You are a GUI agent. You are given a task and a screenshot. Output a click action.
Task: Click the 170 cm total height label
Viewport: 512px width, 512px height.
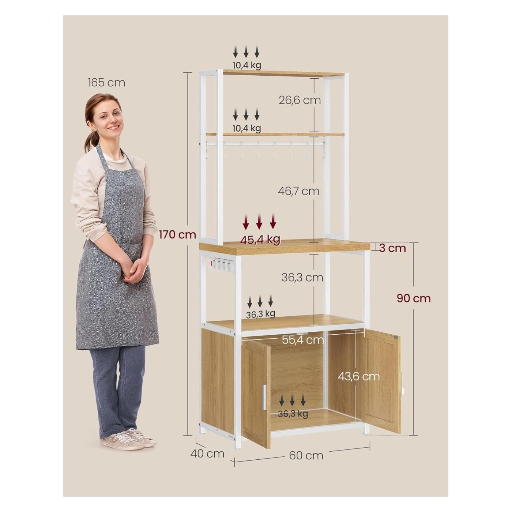pyautogui.click(x=177, y=235)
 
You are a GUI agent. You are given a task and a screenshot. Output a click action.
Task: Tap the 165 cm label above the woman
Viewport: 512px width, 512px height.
pyautogui.click(x=106, y=83)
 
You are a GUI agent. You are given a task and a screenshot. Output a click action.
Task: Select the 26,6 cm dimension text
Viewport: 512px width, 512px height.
pyautogui.click(x=300, y=100)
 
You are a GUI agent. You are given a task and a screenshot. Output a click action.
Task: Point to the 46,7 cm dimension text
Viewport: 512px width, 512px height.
pyautogui.click(x=299, y=191)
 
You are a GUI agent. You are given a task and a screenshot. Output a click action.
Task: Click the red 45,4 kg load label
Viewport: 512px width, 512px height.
pyautogui.click(x=260, y=240)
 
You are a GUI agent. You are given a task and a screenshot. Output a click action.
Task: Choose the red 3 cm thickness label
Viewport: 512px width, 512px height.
pyautogui.click(x=392, y=248)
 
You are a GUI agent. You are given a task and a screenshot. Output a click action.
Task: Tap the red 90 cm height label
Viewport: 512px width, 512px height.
pyautogui.click(x=414, y=298)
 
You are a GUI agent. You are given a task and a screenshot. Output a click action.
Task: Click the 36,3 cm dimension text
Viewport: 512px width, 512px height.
pyautogui.click(x=302, y=278)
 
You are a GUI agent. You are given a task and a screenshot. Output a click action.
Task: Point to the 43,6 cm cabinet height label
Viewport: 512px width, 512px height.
pyautogui.click(x=359, y=376)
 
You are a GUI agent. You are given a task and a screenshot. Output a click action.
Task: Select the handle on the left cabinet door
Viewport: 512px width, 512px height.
pyautogui.click(x=264, y=397)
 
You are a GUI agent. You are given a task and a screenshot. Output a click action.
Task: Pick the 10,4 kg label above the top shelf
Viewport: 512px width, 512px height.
pyautogui.click(x=246, y=65)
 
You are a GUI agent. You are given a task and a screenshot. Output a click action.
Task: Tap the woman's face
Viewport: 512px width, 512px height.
pyautogui.click(x=108, y=121)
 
